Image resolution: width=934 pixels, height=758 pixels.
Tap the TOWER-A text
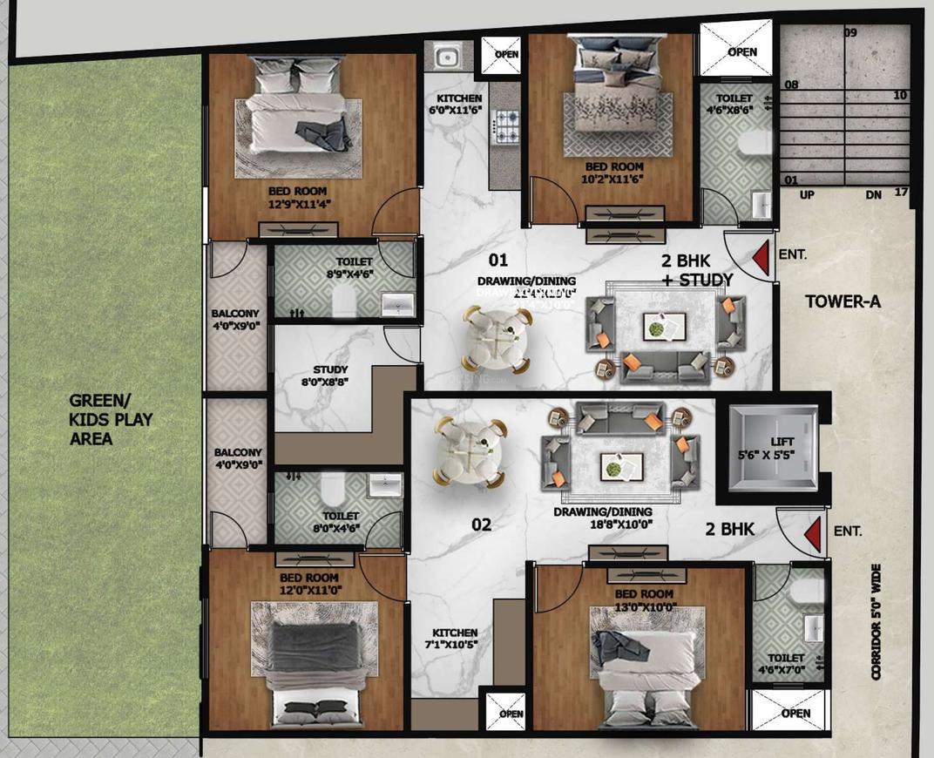[x=843, y=302]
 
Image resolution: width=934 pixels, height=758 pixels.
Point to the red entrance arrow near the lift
[x=812, y=533]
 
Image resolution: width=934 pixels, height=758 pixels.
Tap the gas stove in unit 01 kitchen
[x=505, y=127]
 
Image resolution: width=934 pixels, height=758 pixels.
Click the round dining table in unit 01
[x=497, y=338]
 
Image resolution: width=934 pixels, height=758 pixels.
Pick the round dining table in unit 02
[x=471, y=451]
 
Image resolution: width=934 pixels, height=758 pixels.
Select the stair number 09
[x=849, y=33]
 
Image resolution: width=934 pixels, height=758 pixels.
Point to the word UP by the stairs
[x=807, y=195]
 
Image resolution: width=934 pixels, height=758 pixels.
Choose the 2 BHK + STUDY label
[x=695, y=269]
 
